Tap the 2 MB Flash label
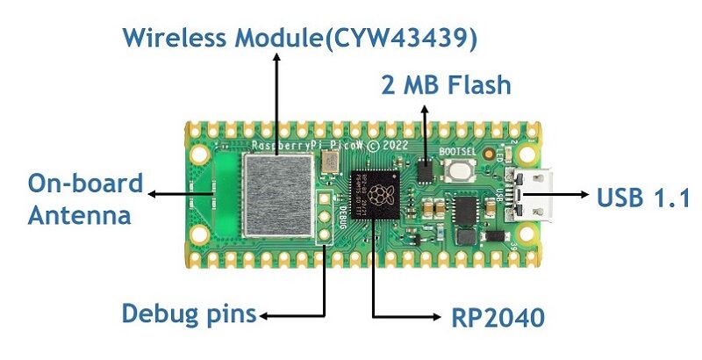point(445,86)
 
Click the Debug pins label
point(190,313)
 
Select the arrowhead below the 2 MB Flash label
point(426,109)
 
